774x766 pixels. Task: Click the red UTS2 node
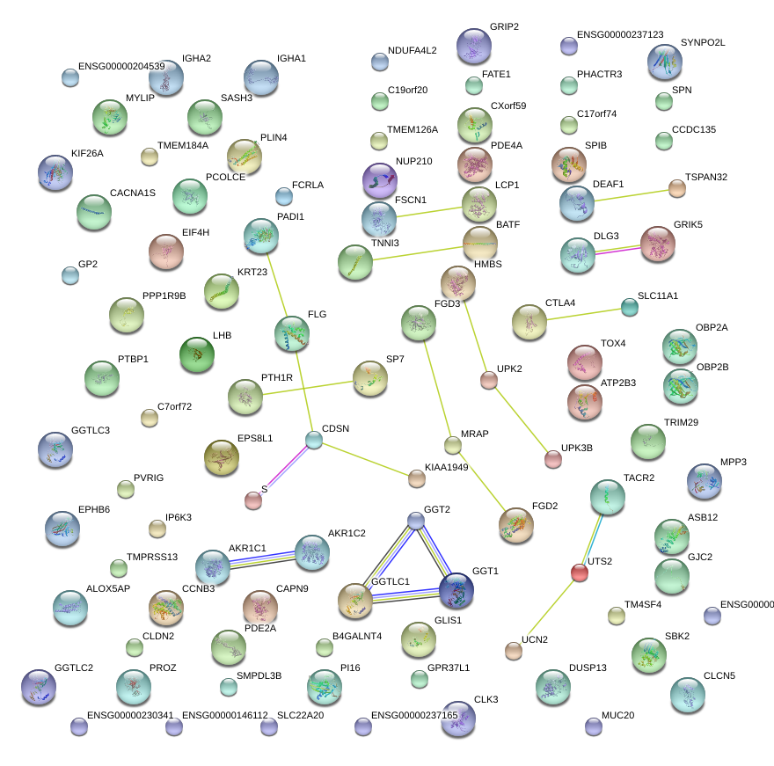point(579,573)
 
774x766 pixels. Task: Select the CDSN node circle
point(314,440)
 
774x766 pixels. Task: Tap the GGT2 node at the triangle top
point(416,521)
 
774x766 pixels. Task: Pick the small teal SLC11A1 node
point(630,306)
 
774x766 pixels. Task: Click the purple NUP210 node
point(380,180)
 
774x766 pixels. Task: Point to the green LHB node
point(196,354)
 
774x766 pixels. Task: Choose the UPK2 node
point(489,380)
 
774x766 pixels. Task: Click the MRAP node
point(453,445)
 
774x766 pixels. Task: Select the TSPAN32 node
point(676,187)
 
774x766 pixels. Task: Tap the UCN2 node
point(514,651)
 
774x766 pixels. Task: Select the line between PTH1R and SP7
point(308,388)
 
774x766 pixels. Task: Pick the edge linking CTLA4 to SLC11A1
point(580,315)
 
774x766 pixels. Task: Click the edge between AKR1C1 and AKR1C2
point(262,558)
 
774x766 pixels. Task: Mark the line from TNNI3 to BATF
point(417,252)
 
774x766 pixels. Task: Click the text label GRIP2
point(504,27)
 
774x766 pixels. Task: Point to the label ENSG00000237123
point(620,35)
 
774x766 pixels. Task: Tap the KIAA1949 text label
point(446,467)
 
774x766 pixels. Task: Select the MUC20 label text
point(617,715)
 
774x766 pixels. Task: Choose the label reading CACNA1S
point(133,193)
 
